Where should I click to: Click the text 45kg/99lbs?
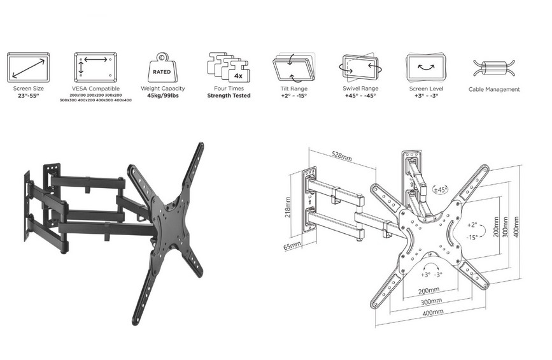pyautogui.click(x=162, y=95)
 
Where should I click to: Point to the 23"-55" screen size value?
pyautogui.click(x=28, y=95)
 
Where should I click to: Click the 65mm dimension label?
pyautogui.click(x=291, y=245)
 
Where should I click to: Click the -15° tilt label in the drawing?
pyautogui.click(x=472, y=236)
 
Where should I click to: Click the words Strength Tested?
pyautogui.click(x=229, y=95)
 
